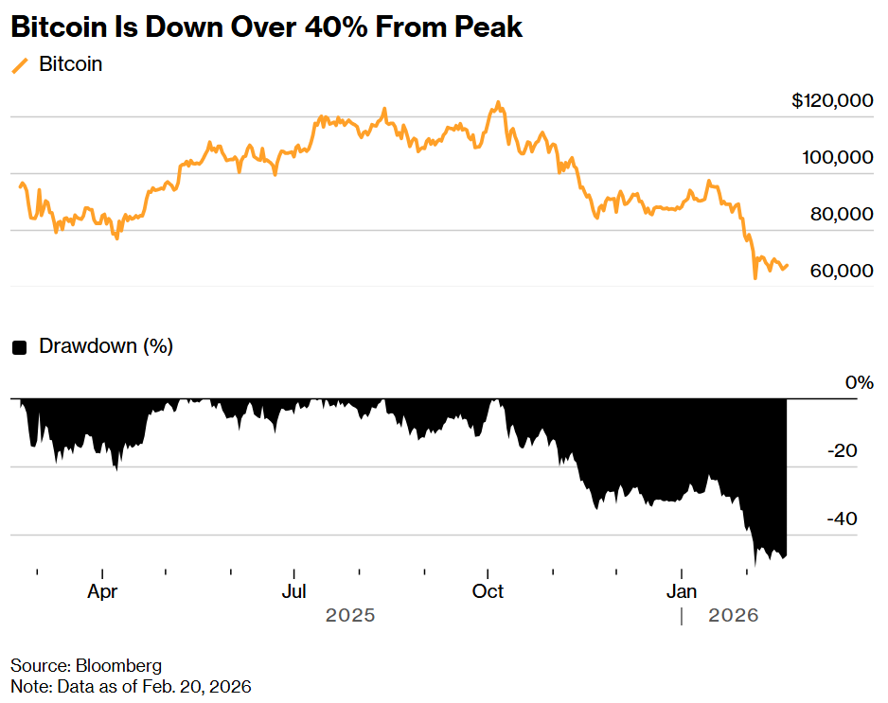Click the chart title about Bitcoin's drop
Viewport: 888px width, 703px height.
point(266,27)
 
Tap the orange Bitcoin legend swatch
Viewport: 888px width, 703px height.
point(20,65)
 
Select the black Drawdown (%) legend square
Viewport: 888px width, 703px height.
point(19,347)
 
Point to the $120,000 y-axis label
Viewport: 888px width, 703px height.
point(831,101)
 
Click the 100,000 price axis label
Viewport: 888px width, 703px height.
point(837,158)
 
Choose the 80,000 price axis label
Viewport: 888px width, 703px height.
point(842,215)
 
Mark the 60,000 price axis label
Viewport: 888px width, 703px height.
point(842,272)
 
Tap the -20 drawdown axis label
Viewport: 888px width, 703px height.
point(842,451)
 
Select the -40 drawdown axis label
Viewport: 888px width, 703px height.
point(842,519)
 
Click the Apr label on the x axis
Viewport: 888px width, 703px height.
point(101,592)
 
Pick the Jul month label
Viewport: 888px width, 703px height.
point(294,592)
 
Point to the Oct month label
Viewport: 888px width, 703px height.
point(488,592)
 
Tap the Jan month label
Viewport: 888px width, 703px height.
point(682,592)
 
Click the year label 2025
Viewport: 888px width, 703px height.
point(350,616)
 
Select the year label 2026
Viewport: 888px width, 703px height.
point(734,616)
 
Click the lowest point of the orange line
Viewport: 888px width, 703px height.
point(755,278)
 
